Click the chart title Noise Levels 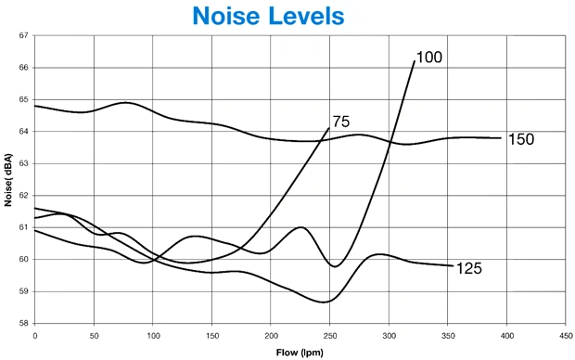click(x=268, y=16)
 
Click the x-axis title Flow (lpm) click(x=300, y=353)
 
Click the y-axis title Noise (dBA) click(x=8, y=180)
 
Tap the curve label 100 click(x=429, y=58)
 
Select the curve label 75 click(x=341, y=122)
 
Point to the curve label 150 click(x=521, y=139)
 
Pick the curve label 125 click(x=469, y=268)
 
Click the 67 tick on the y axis click(x=23, y=35)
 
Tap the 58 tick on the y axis click(x=23, y=323)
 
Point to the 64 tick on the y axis click(x=23, y=132)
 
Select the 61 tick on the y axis click(x=23, y=227)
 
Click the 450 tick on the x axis click(x=566, y=336)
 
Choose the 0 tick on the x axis click(x=35, y=336)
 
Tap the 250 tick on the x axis click(x=329, y=336)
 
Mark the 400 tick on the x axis click(x=506, y=336)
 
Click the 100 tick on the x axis click(x=153, y=336)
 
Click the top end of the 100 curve click(x=415, y=61)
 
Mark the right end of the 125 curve click(x=454, y=265)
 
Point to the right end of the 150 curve click(x=501, y=138)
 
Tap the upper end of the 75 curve click(x=329, y=128)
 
